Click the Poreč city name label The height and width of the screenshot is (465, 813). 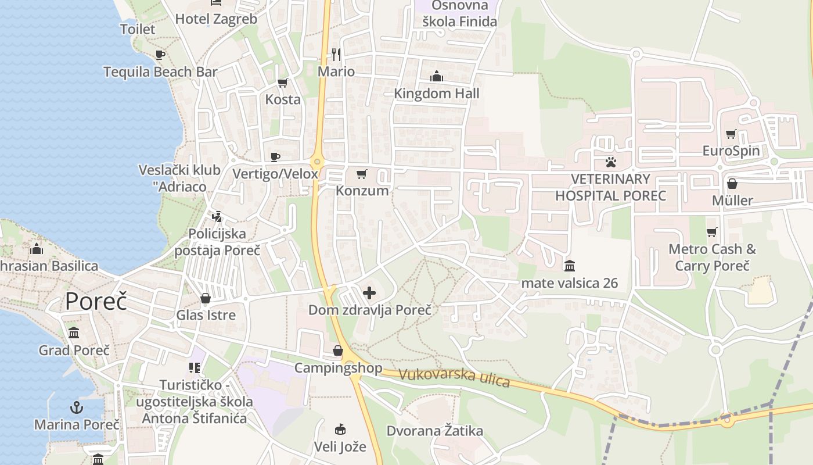96,302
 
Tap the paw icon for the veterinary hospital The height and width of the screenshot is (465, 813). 611,162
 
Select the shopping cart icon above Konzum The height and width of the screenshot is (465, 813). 362,174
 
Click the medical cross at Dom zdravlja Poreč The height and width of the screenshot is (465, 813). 369,293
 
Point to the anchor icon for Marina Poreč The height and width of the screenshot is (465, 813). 76,407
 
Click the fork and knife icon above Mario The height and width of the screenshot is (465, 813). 336,55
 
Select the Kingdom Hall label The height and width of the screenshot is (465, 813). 437,94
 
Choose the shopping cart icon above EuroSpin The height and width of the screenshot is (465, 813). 731,134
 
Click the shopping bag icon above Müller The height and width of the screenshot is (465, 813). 732,184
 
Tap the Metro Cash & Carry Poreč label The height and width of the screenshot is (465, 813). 712,257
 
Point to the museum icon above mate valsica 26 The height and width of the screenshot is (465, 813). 570,266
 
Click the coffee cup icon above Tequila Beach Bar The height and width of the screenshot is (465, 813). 160,55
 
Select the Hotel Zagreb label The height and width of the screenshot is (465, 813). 216,19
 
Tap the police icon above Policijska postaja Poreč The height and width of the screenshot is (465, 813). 217,217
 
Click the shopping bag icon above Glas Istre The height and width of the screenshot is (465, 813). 206,298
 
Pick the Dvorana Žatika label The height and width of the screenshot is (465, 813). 435,431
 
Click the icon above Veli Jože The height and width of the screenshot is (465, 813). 340,430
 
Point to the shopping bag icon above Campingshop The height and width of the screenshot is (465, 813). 338,350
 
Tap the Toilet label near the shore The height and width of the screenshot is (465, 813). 138,29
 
